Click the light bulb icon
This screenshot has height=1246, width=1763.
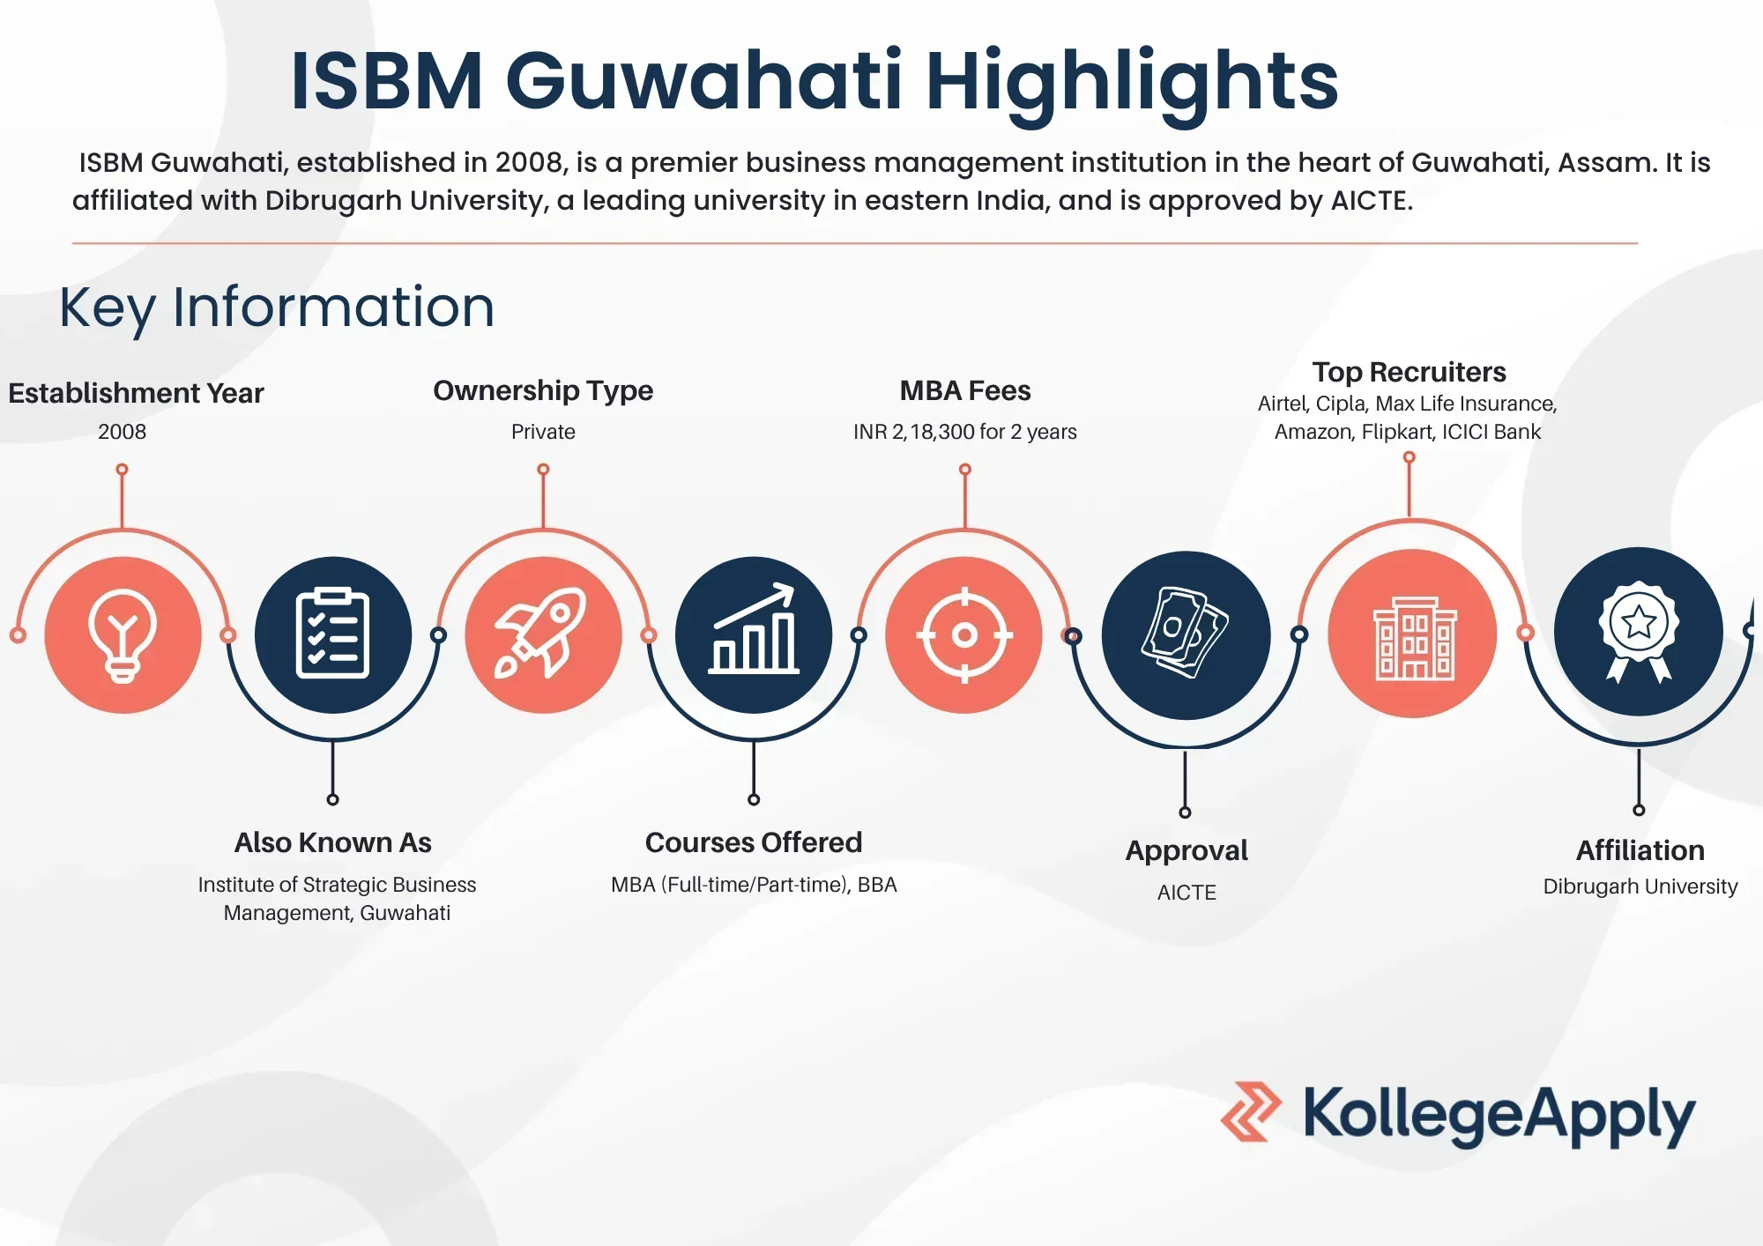pyautogui.click(x=123, y=635)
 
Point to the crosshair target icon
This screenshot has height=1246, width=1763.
pyautogui.click(x=964, y=634)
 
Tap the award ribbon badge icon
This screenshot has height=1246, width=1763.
pyautogui.click(x=1638, y=632)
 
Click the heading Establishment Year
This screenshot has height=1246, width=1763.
pyautogui.click(x=136, y=393)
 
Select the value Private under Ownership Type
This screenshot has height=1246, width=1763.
pyautogui.click(x=543, y=432)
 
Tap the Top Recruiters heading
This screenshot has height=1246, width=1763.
pyautogui.click(x=1409, y=372)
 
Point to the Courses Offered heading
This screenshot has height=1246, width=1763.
pyautogui.click(x=754, y=842)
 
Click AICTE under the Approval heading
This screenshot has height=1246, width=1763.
pyautogui.click(x=1186, y=893)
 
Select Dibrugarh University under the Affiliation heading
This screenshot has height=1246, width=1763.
pyautogui.click(x=1640, y=886)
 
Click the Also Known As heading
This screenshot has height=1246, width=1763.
pyautogui.click(x=333, y=842)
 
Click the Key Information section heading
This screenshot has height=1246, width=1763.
pyautogui.click(x=277, y=308)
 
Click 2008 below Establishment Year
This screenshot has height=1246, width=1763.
pyautogui.click(x=123, y=432)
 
